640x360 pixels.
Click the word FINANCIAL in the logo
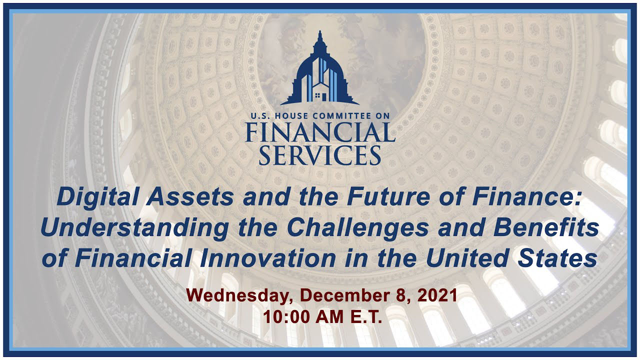pos(320,132)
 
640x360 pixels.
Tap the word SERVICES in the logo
pos(320,155)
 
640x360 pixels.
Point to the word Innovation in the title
pos(267,258)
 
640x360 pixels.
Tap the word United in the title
pos(466,258)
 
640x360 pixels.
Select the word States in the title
pos(557,258)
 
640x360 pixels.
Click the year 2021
pos(437,295)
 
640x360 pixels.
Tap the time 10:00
pos(286,317)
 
